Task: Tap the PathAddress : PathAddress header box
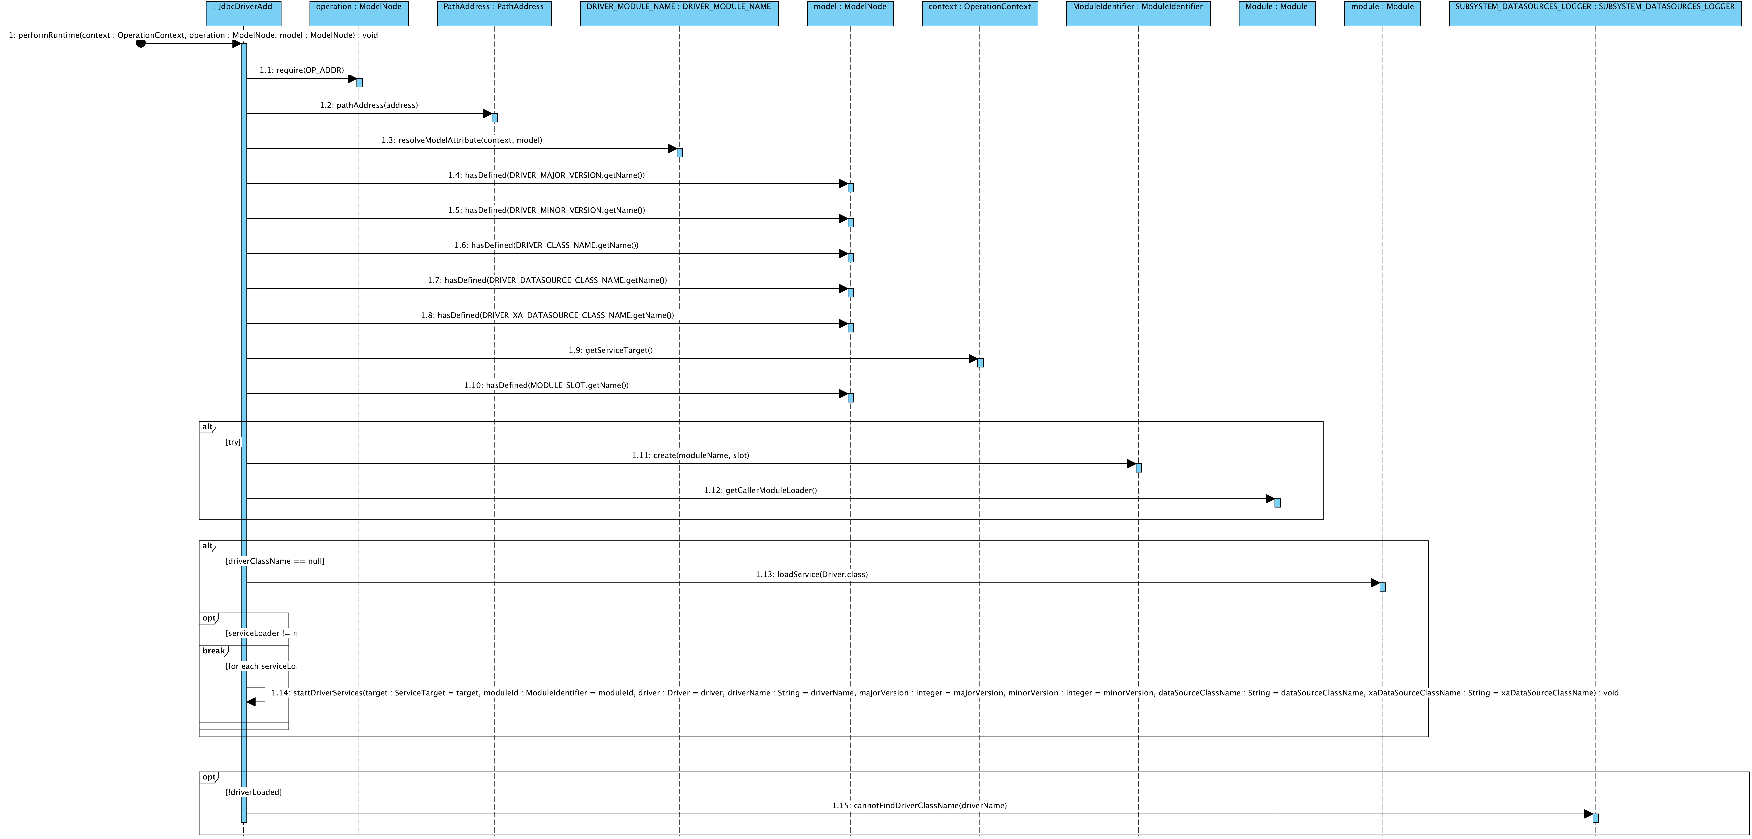[494, 14]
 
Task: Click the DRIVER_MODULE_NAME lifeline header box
[679, 14]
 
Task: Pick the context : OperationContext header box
[979, 14]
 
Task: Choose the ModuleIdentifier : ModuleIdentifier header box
[1138, 14]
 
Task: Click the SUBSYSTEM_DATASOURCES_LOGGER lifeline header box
[1595, 14]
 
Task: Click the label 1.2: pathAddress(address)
[369, 105]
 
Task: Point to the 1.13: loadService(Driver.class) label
[811, 575]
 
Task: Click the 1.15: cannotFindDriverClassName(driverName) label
[919, 806]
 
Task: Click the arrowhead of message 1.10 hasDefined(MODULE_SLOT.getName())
[843, 394]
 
